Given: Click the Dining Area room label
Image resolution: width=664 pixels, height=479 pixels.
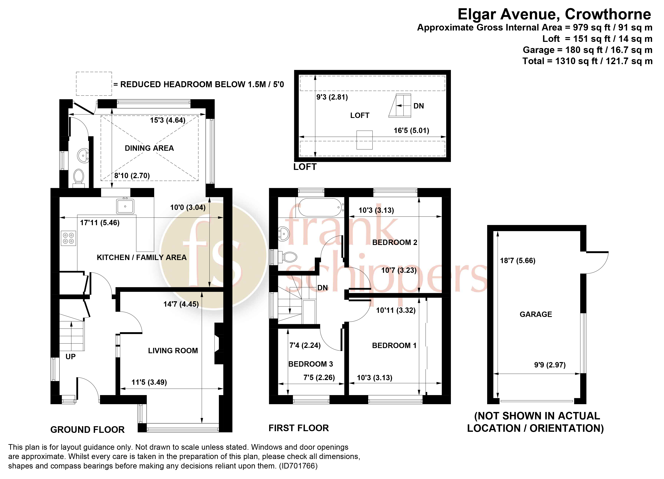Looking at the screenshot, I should coord(149,148).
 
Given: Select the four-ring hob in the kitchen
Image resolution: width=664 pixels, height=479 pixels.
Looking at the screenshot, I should coord(69,238).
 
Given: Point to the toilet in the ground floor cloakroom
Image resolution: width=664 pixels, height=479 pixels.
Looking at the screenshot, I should coord(78,177).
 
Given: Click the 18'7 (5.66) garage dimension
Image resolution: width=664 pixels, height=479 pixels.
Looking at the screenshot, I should coord(517,261).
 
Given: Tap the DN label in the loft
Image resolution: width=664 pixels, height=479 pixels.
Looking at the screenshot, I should coord(418,106).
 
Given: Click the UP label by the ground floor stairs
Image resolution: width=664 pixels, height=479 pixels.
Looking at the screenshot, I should coord(71,357).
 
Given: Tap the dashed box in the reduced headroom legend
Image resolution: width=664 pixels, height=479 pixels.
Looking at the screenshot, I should coord(94,84).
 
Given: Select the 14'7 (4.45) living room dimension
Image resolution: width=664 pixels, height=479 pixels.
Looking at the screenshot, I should coord(181,304).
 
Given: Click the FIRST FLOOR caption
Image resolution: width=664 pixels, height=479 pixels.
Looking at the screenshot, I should coord(299,428).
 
